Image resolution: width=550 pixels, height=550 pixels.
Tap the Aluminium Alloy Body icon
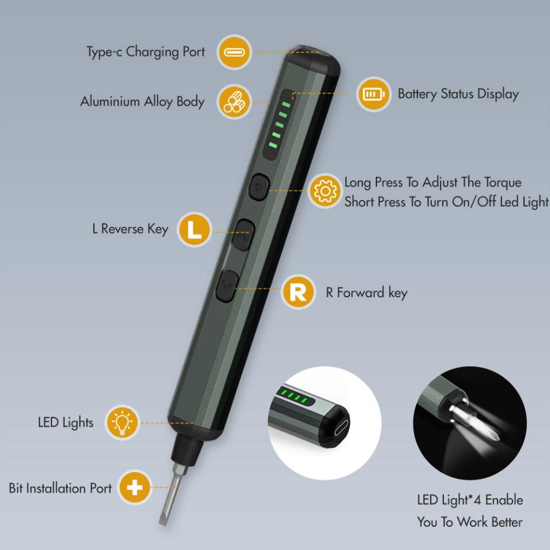pyautogui.click(x=233, y=102)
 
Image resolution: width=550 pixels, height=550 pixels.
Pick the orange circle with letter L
pyautogui.click(x=194, y=229)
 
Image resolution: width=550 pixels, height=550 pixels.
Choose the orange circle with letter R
pyautogui.click(x=298, y=292)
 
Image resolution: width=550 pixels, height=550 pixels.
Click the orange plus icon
pyautogui.click(x=134, y=488)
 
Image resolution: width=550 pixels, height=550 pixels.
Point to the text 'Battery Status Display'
pyautogui.click(x=458, y=94)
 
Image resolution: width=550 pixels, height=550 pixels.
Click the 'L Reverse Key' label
pyautogui.click(x=130, y=229)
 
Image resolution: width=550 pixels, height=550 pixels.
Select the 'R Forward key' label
pyautogui.click(x=367, y=293)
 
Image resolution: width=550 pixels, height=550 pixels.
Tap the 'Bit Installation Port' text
pyautogui.click(x=61, y=488)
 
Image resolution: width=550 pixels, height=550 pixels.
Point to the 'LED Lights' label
pyautogui.click(x=66, y=422)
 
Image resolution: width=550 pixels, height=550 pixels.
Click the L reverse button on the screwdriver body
pyautogui.click(x=244, y=234)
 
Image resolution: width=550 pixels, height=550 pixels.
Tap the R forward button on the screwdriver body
pyautogui.click(x=227, y=285)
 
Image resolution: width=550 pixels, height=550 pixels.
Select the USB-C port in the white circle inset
pyautogui.click(x=342, y=428)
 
